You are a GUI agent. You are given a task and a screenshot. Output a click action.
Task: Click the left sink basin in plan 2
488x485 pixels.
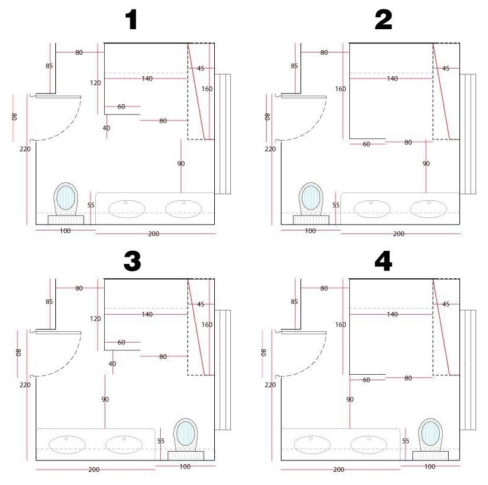[372, 209]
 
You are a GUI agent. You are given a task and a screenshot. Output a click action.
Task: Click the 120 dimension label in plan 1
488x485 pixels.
[95, 83]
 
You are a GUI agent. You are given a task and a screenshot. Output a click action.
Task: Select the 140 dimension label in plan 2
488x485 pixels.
[392, 79]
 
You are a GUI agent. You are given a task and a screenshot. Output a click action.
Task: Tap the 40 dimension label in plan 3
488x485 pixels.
[112, 363]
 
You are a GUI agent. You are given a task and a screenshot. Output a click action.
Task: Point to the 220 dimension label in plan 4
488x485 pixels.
[270, 385]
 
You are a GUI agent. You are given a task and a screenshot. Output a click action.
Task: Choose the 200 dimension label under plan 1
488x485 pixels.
[154, 234]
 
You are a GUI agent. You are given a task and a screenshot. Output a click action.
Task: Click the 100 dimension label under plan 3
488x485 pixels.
[184, 467]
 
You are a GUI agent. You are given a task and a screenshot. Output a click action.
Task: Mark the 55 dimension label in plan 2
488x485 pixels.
[336, 205]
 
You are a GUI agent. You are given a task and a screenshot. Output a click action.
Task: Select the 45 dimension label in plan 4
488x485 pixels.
[446, 304]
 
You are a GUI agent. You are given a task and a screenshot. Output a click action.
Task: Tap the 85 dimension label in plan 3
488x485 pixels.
[49, 301]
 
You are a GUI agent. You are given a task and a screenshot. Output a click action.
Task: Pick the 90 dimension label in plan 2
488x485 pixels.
[426, 163]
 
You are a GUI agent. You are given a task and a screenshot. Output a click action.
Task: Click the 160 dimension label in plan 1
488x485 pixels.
[207, 89]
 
